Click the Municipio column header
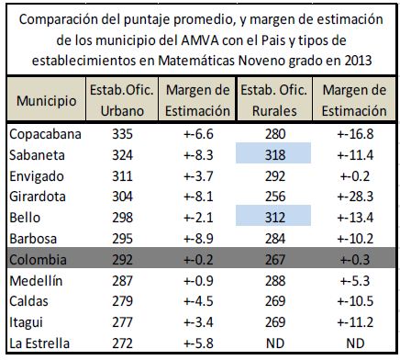[x=47, y=100]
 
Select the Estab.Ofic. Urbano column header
[x=122, y=100]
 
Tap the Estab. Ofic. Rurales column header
[x=274, y=100]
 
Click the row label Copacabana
[x=45, y=134]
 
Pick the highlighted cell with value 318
[x=273, y=153]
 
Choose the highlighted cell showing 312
[x=273, y=216]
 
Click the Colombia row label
[x=38, y=259]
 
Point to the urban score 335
[x=122, y=134]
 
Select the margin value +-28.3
[x=355, y=197]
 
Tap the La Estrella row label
[x=39, y=343]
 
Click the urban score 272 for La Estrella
[x=122, y=343]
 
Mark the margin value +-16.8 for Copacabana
[x=355, y=134]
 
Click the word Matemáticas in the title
[x=196, y=61]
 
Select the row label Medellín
[x=36, y=280]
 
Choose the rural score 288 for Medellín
[x=275, y=280]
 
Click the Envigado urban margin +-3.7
[x=198, y=176]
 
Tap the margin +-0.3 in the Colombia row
[x=355, y=259]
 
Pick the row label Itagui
[x=26, y=322]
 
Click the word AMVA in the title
[x=200, y=40]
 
